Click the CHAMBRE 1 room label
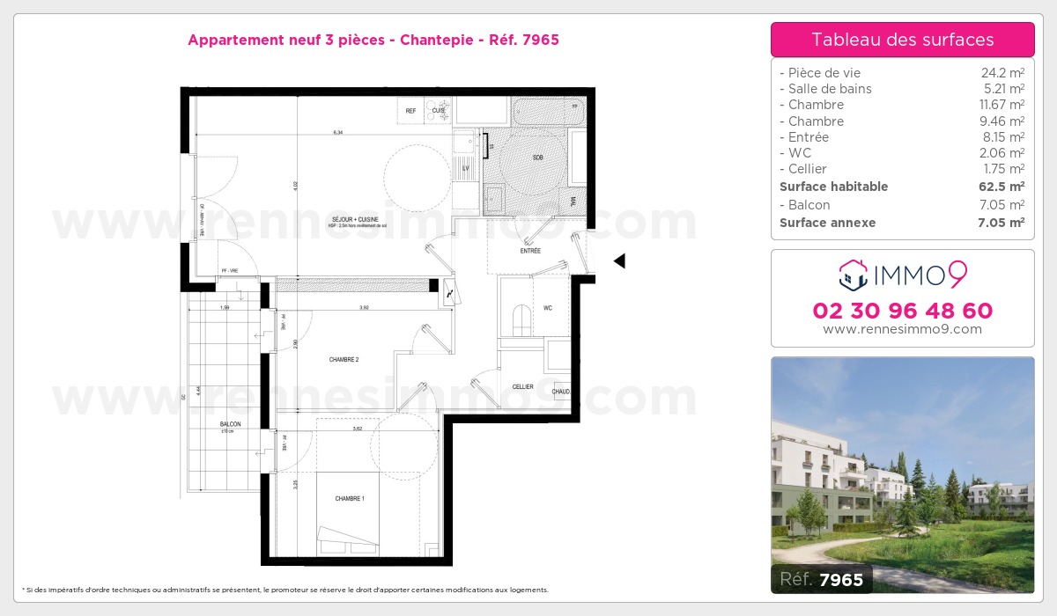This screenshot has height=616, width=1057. coord(349,498)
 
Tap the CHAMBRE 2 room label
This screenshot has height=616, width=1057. coord(344,359)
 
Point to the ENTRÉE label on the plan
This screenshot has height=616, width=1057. coord(529,251)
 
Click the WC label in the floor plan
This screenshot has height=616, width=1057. coord(547,308)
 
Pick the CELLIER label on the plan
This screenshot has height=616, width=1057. coord(523,386)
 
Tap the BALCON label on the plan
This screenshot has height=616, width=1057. coord(230,424)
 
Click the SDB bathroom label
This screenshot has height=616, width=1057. coord(537,158)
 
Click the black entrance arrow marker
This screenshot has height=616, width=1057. coord(619,260)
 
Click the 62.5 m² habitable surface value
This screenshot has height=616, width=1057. coord(1002,187)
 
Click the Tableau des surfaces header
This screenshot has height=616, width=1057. coord(902,40)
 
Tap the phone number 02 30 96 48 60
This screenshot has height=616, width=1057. coord(902,311)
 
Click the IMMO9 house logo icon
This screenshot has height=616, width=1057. coord(853,275)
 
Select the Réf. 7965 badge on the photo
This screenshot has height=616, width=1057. coord(822,579)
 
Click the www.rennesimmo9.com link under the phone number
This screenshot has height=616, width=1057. coord(902,329)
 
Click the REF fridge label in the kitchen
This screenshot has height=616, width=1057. coord(410,111)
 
